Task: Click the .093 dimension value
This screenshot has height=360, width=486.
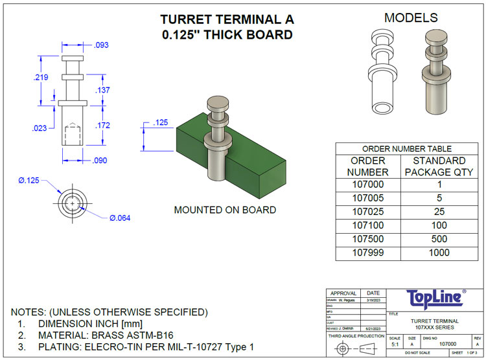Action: pos(102,45)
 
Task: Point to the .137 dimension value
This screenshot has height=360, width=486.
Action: pos(102,90)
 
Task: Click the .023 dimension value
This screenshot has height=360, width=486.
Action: pos(40,128)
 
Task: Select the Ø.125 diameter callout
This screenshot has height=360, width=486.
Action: pos(29,181)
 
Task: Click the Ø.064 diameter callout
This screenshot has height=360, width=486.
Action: pos(120,218)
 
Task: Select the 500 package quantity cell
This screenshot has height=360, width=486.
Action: pos(439,239)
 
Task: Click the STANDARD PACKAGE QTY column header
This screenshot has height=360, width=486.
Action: pos(439,166)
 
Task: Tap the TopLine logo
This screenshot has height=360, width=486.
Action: pos(435,298)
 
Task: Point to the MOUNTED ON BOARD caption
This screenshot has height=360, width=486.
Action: pos(225,210)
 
